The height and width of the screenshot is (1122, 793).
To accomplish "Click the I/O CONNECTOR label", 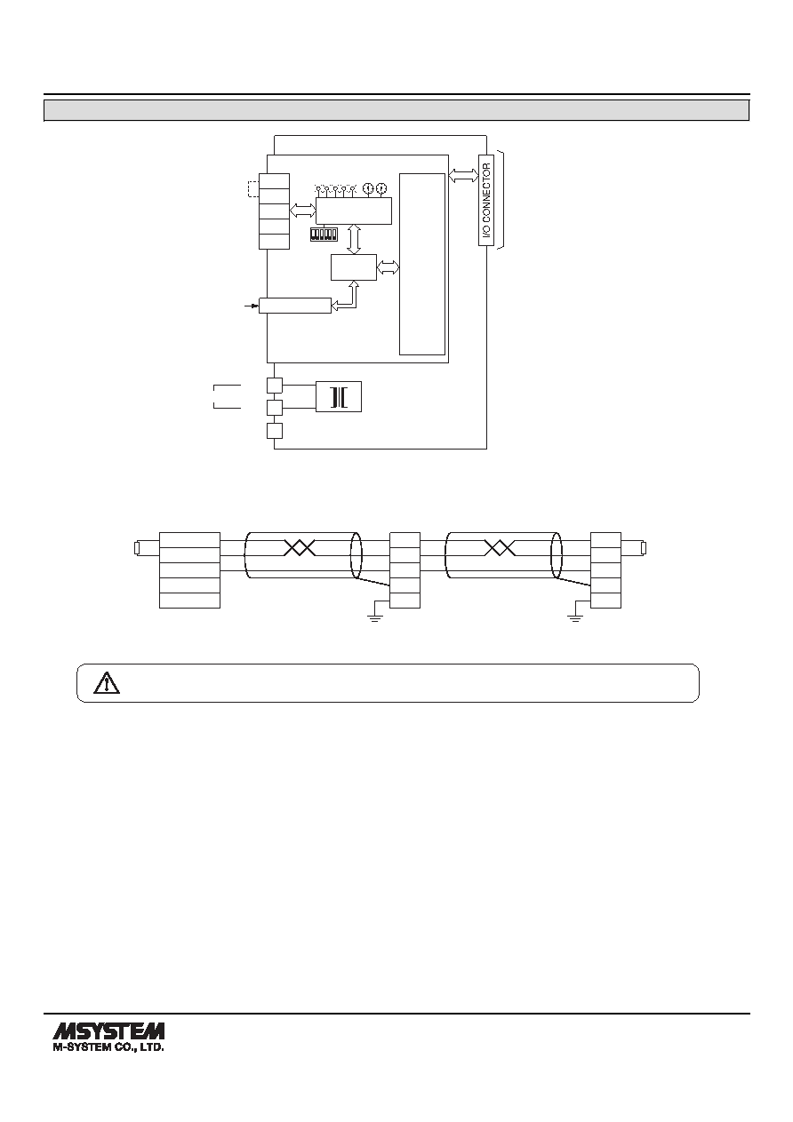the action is [486, 201].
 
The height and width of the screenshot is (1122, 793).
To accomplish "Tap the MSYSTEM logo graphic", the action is [108, 1030].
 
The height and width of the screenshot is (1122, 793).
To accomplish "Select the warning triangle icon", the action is [107, 683].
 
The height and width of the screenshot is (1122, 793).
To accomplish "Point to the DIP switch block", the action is [324, 235].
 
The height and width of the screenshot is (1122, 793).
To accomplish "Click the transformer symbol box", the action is [339, 397].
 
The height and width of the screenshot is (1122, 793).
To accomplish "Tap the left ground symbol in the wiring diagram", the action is [374, 617].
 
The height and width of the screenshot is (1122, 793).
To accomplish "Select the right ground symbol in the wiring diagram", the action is [575, 617].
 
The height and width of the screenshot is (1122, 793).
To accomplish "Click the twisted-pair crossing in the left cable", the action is [300, 548].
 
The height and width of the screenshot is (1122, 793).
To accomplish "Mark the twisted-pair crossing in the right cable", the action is [501, 548].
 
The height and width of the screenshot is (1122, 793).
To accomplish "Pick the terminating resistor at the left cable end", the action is [137, 548].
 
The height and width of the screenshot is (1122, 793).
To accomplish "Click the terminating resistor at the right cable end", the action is [645, 548].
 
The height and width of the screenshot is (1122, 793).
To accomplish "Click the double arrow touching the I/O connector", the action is [464, 175].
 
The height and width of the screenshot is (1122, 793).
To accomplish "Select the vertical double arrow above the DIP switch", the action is [355, 240].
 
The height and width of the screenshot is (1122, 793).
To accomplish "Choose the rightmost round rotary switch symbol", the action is [381, 188].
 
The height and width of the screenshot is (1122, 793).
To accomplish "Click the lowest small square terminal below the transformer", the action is [275, 431].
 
